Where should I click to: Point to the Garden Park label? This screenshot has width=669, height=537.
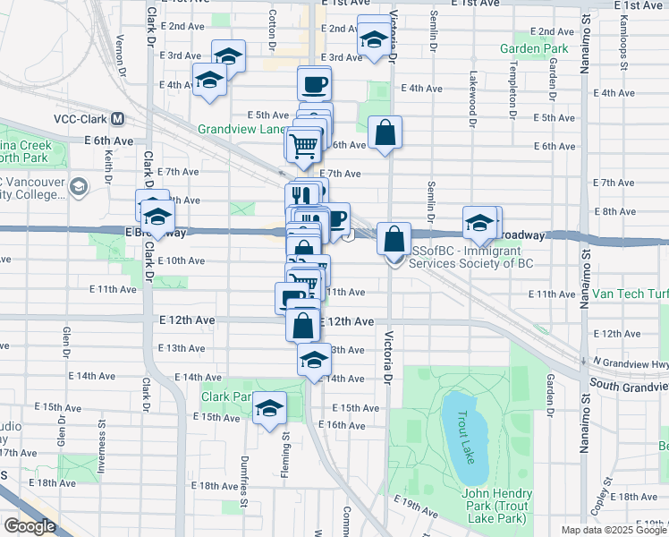(x=534, y=47)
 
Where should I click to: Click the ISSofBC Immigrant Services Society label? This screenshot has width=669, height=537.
(x=470, y=258)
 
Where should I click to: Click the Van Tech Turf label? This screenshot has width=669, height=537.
(x=630, y=294)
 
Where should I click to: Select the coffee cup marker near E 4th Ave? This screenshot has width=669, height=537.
(x=314, y=84)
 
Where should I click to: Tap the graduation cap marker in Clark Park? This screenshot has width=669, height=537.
(x=269, y=409)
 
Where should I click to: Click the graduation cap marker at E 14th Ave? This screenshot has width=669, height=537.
(x=314, y=360)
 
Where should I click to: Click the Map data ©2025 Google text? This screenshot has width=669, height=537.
(x=614, y=530)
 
